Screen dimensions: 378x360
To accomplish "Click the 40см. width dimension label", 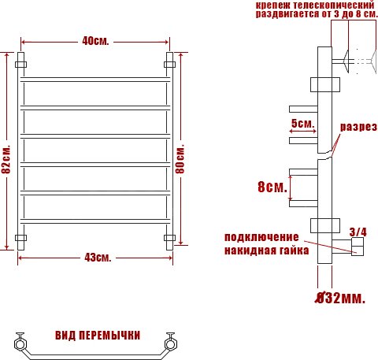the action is click(x=95, y=41).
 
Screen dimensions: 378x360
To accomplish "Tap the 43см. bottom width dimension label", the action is click(x=98, y=258).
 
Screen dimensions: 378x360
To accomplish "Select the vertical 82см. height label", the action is click(x=6, y=159).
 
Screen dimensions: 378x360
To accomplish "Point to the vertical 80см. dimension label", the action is click(x=180, y=159).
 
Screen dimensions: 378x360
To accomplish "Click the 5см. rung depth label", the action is click(x=302, y=123).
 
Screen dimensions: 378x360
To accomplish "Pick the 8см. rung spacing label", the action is click(x=272, y=187).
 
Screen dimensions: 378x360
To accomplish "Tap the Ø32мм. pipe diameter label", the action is click(x=340, y=298).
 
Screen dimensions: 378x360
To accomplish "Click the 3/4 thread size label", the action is click(x=358, y=232).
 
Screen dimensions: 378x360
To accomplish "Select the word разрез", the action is click(x=358, y=127).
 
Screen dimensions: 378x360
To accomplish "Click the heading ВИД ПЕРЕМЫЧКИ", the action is click(x=98, y=336).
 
